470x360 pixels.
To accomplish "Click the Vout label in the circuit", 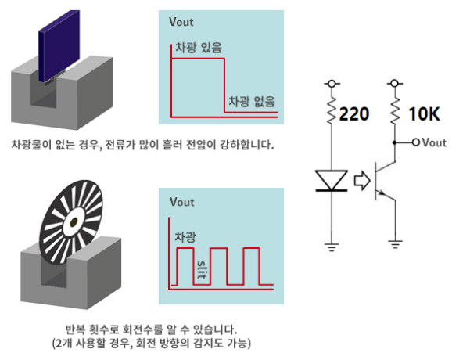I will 434,143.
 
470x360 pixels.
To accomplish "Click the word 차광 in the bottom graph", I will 185,235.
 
